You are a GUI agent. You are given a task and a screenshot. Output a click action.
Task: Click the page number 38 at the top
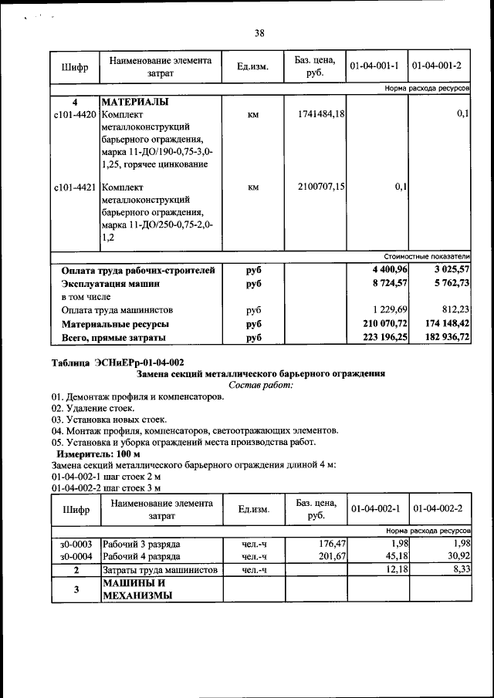259,32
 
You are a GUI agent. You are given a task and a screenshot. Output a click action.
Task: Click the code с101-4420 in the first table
75,114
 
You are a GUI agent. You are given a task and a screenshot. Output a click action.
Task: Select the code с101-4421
75,186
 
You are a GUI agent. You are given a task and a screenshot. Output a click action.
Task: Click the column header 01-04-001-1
377,67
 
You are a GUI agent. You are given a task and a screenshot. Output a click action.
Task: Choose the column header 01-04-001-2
439,67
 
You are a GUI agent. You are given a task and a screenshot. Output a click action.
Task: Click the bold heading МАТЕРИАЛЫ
135,102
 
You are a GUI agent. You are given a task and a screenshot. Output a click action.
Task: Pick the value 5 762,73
449,284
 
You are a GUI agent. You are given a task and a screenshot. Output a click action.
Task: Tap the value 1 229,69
388,310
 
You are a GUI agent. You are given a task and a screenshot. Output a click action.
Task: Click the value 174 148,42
447,324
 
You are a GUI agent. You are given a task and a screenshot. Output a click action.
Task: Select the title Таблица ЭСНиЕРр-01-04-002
117,362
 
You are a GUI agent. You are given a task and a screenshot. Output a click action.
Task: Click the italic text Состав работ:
261,384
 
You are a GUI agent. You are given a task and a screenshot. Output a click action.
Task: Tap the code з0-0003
76,544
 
